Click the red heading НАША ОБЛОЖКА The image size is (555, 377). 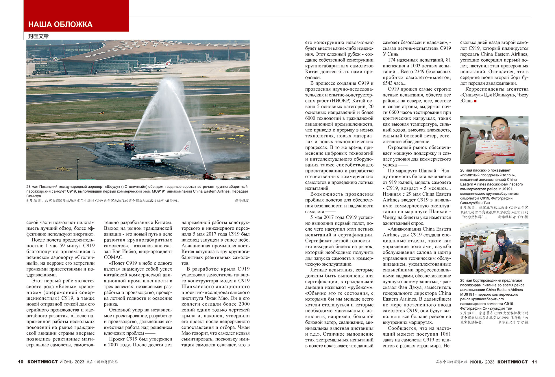tap(60, 24)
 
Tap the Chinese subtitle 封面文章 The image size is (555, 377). tap(38, 36)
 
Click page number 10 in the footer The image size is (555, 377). tap(21, 362)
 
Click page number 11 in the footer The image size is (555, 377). tap(534, 362)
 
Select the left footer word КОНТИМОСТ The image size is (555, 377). tap(42, 362)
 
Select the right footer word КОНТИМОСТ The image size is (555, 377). tap(513, 362)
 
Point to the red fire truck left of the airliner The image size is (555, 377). tap(129, 146)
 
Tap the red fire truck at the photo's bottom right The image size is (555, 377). tap(210, 176)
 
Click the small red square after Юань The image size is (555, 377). tap(475, 101)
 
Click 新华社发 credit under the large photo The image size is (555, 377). tap(242, 201)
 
